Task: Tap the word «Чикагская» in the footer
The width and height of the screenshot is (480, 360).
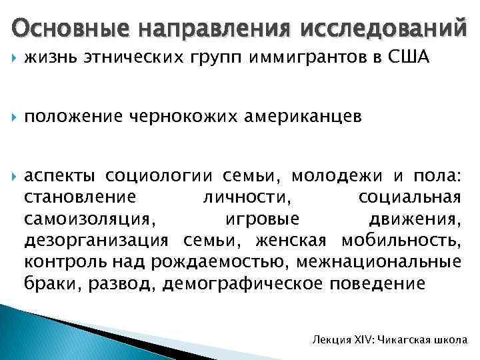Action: coord(406,340)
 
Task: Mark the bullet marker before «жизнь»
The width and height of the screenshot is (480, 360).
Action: coord(15,60)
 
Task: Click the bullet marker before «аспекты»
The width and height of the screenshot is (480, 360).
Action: coord(15,177)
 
